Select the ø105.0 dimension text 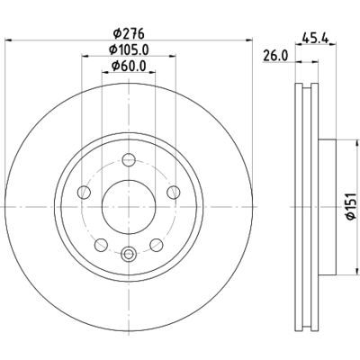(x=128, y=50)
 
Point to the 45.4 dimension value (x=315, y=38)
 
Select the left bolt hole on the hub (x=84, y=192)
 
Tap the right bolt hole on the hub (x=172, y=192)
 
